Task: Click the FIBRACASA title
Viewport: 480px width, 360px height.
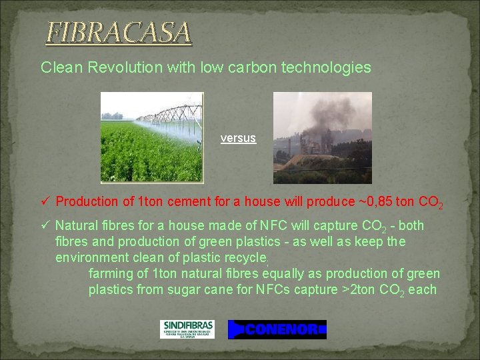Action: (x=118, y=32)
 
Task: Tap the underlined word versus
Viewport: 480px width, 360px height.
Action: (x=238, y=139)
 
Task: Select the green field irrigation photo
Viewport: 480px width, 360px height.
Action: (x=151, y=137)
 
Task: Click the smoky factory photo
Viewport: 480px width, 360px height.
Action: (x=323, y=137)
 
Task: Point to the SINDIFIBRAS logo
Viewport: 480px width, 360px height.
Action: (x=187, y=329)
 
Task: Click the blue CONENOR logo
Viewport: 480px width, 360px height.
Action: (x=277, y=329)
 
